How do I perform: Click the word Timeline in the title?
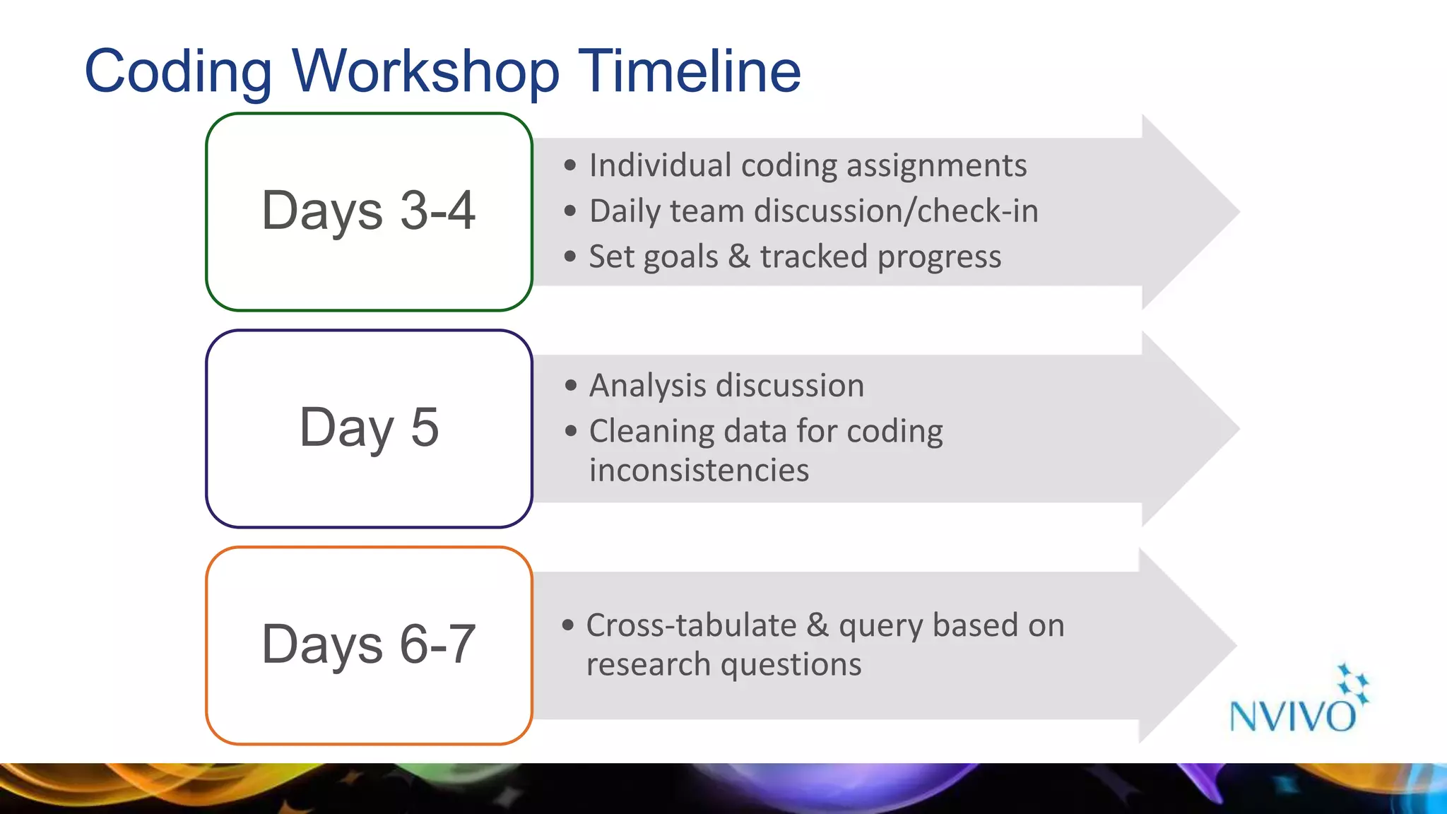pos(690,71)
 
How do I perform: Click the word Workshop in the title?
pos(426,71)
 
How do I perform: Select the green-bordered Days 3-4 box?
pos(369,211)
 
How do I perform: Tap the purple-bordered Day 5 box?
pos(369,428)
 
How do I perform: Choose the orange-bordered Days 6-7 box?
pos(369,645)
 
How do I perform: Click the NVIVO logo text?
pos(1292,716)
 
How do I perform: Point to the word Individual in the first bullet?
pos(660,166)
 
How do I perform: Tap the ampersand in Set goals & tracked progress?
pos(739,256)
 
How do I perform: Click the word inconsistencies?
pos(699,471)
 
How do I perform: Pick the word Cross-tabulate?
pos(691,626)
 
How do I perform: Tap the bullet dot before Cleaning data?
pos(571,431)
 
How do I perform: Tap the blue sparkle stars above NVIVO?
pos(1352,683)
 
